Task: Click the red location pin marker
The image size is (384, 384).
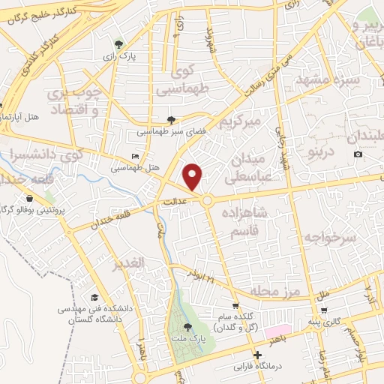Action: coord(193,175)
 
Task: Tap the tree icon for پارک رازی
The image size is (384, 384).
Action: coord(118,43)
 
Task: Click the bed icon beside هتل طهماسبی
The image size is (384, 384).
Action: coord(135,156)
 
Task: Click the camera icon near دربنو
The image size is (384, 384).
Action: coord(358,154)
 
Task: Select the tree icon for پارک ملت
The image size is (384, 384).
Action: coord(187,326)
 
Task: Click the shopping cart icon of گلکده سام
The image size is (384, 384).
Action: coord(235,305)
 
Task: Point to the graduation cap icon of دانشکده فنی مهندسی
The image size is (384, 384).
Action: coord(94,298)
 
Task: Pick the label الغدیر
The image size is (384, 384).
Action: coord(127,265)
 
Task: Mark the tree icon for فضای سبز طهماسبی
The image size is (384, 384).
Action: coord(172,119)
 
